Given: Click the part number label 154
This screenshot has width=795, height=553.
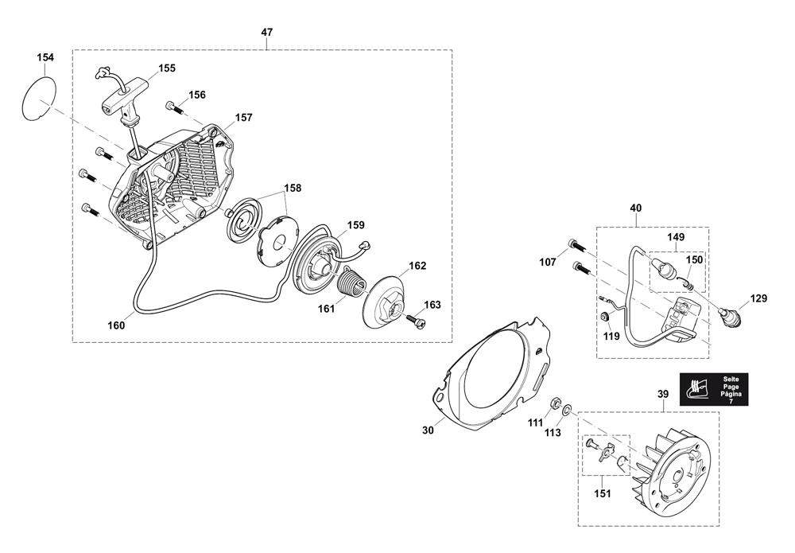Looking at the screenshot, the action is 45,57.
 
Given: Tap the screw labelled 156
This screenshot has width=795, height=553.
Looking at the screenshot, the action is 173,107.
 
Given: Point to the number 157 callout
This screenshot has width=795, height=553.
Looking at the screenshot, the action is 243,117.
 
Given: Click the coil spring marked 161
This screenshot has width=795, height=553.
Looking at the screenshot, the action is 351,285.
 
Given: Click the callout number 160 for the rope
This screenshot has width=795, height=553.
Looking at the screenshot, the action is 116,325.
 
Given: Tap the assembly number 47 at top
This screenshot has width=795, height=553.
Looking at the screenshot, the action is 266,32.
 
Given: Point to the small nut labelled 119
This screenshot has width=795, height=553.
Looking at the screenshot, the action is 604,317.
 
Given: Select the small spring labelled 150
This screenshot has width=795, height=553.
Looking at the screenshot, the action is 687,282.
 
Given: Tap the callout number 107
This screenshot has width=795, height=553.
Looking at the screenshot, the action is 548,263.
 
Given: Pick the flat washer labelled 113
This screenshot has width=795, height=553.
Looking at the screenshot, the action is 568,408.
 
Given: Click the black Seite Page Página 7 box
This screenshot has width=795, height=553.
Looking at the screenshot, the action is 714,389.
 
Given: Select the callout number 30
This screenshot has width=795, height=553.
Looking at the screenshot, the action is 428,430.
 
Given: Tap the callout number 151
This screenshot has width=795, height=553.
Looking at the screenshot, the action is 603,494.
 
